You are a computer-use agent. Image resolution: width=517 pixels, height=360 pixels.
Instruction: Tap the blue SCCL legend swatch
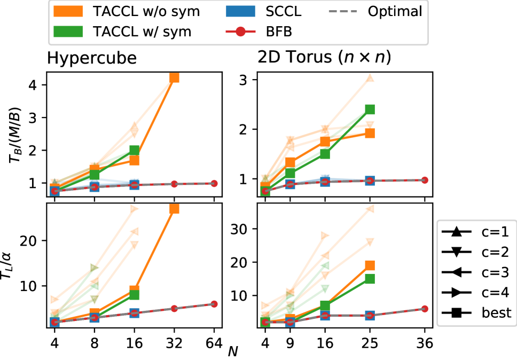(x=239, y=11)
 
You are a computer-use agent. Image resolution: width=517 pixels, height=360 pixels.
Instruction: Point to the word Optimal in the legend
(x=395, y=11)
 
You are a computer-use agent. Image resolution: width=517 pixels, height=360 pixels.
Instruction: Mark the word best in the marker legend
(x=497, y=312)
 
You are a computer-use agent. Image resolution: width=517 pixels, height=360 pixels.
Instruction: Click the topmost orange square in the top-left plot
(x=174, y=77)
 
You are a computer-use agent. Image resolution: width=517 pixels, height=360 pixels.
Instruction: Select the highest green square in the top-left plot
(x=134, y=150)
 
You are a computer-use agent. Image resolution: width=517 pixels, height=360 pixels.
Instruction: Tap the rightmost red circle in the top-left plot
(x=214, y=183)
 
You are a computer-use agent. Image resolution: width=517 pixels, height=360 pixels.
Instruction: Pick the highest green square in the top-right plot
(x=370, y=109)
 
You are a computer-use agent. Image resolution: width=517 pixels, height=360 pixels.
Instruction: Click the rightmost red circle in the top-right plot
(x=425, y=180)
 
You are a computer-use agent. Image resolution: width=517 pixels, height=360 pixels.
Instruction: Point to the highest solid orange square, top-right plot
(x=370, y=133)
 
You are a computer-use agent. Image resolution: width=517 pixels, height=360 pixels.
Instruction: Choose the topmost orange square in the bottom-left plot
(x=174, y=209)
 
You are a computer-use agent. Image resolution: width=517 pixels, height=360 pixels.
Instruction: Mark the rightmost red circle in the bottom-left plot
(x=214, y=304)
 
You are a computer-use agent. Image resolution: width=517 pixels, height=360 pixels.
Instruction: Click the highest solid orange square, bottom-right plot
(x=370, y=265)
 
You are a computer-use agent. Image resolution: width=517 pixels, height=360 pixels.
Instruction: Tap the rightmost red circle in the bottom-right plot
(x=425, y=309)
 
